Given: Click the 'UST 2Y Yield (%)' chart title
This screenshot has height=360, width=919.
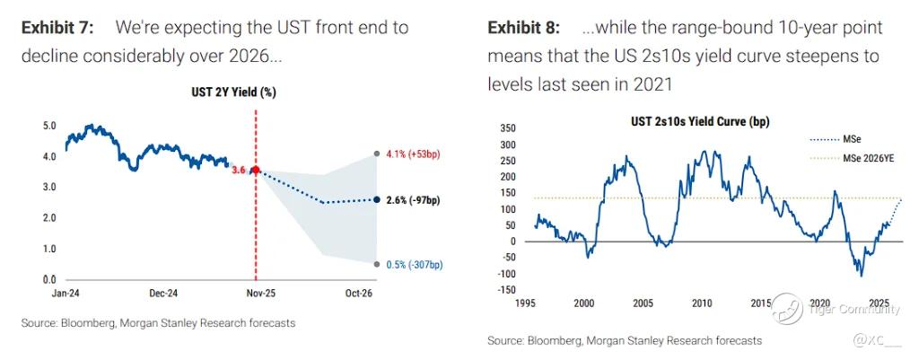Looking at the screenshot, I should [232, 92].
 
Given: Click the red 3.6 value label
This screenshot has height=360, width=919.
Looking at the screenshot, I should [239, 170].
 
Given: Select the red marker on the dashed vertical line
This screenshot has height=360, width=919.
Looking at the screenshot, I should [256, 170].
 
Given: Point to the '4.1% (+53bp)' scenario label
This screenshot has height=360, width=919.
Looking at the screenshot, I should [412, 154].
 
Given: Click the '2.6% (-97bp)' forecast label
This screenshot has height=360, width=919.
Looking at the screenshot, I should [411, 199].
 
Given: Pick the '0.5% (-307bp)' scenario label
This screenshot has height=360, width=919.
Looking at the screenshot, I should [414, 264].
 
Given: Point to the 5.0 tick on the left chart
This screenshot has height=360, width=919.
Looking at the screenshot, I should [50, 126].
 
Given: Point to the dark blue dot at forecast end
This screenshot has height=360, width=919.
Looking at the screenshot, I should [376, 199].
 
